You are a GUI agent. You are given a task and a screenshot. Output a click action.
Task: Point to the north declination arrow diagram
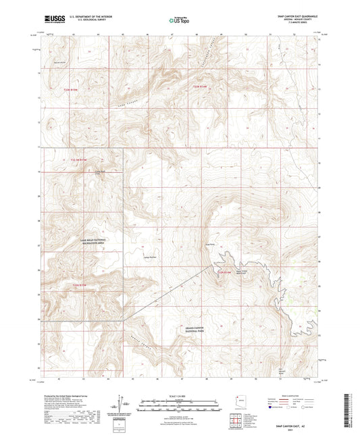coord(122,403)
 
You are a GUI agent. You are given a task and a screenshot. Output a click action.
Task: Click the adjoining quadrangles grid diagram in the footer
coord(236,419)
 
